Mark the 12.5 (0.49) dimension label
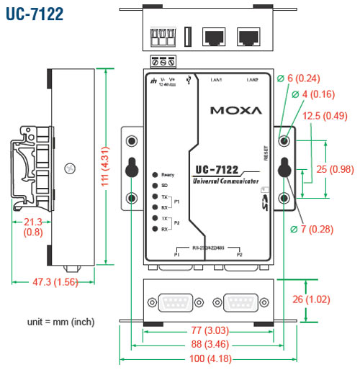click(325, 117)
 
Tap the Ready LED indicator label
click(167, 175)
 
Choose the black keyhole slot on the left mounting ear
click(131, 166)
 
